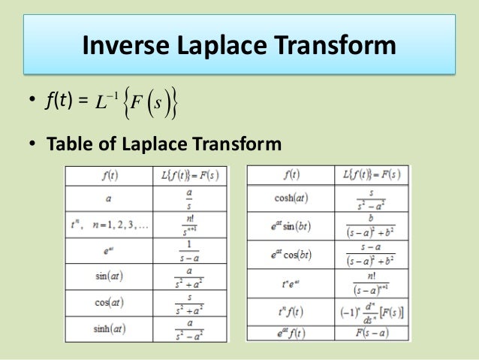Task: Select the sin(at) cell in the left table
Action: pyautogui.click(x=108, y=276)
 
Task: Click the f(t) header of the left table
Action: pyautogui.click(x=108, y=175)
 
